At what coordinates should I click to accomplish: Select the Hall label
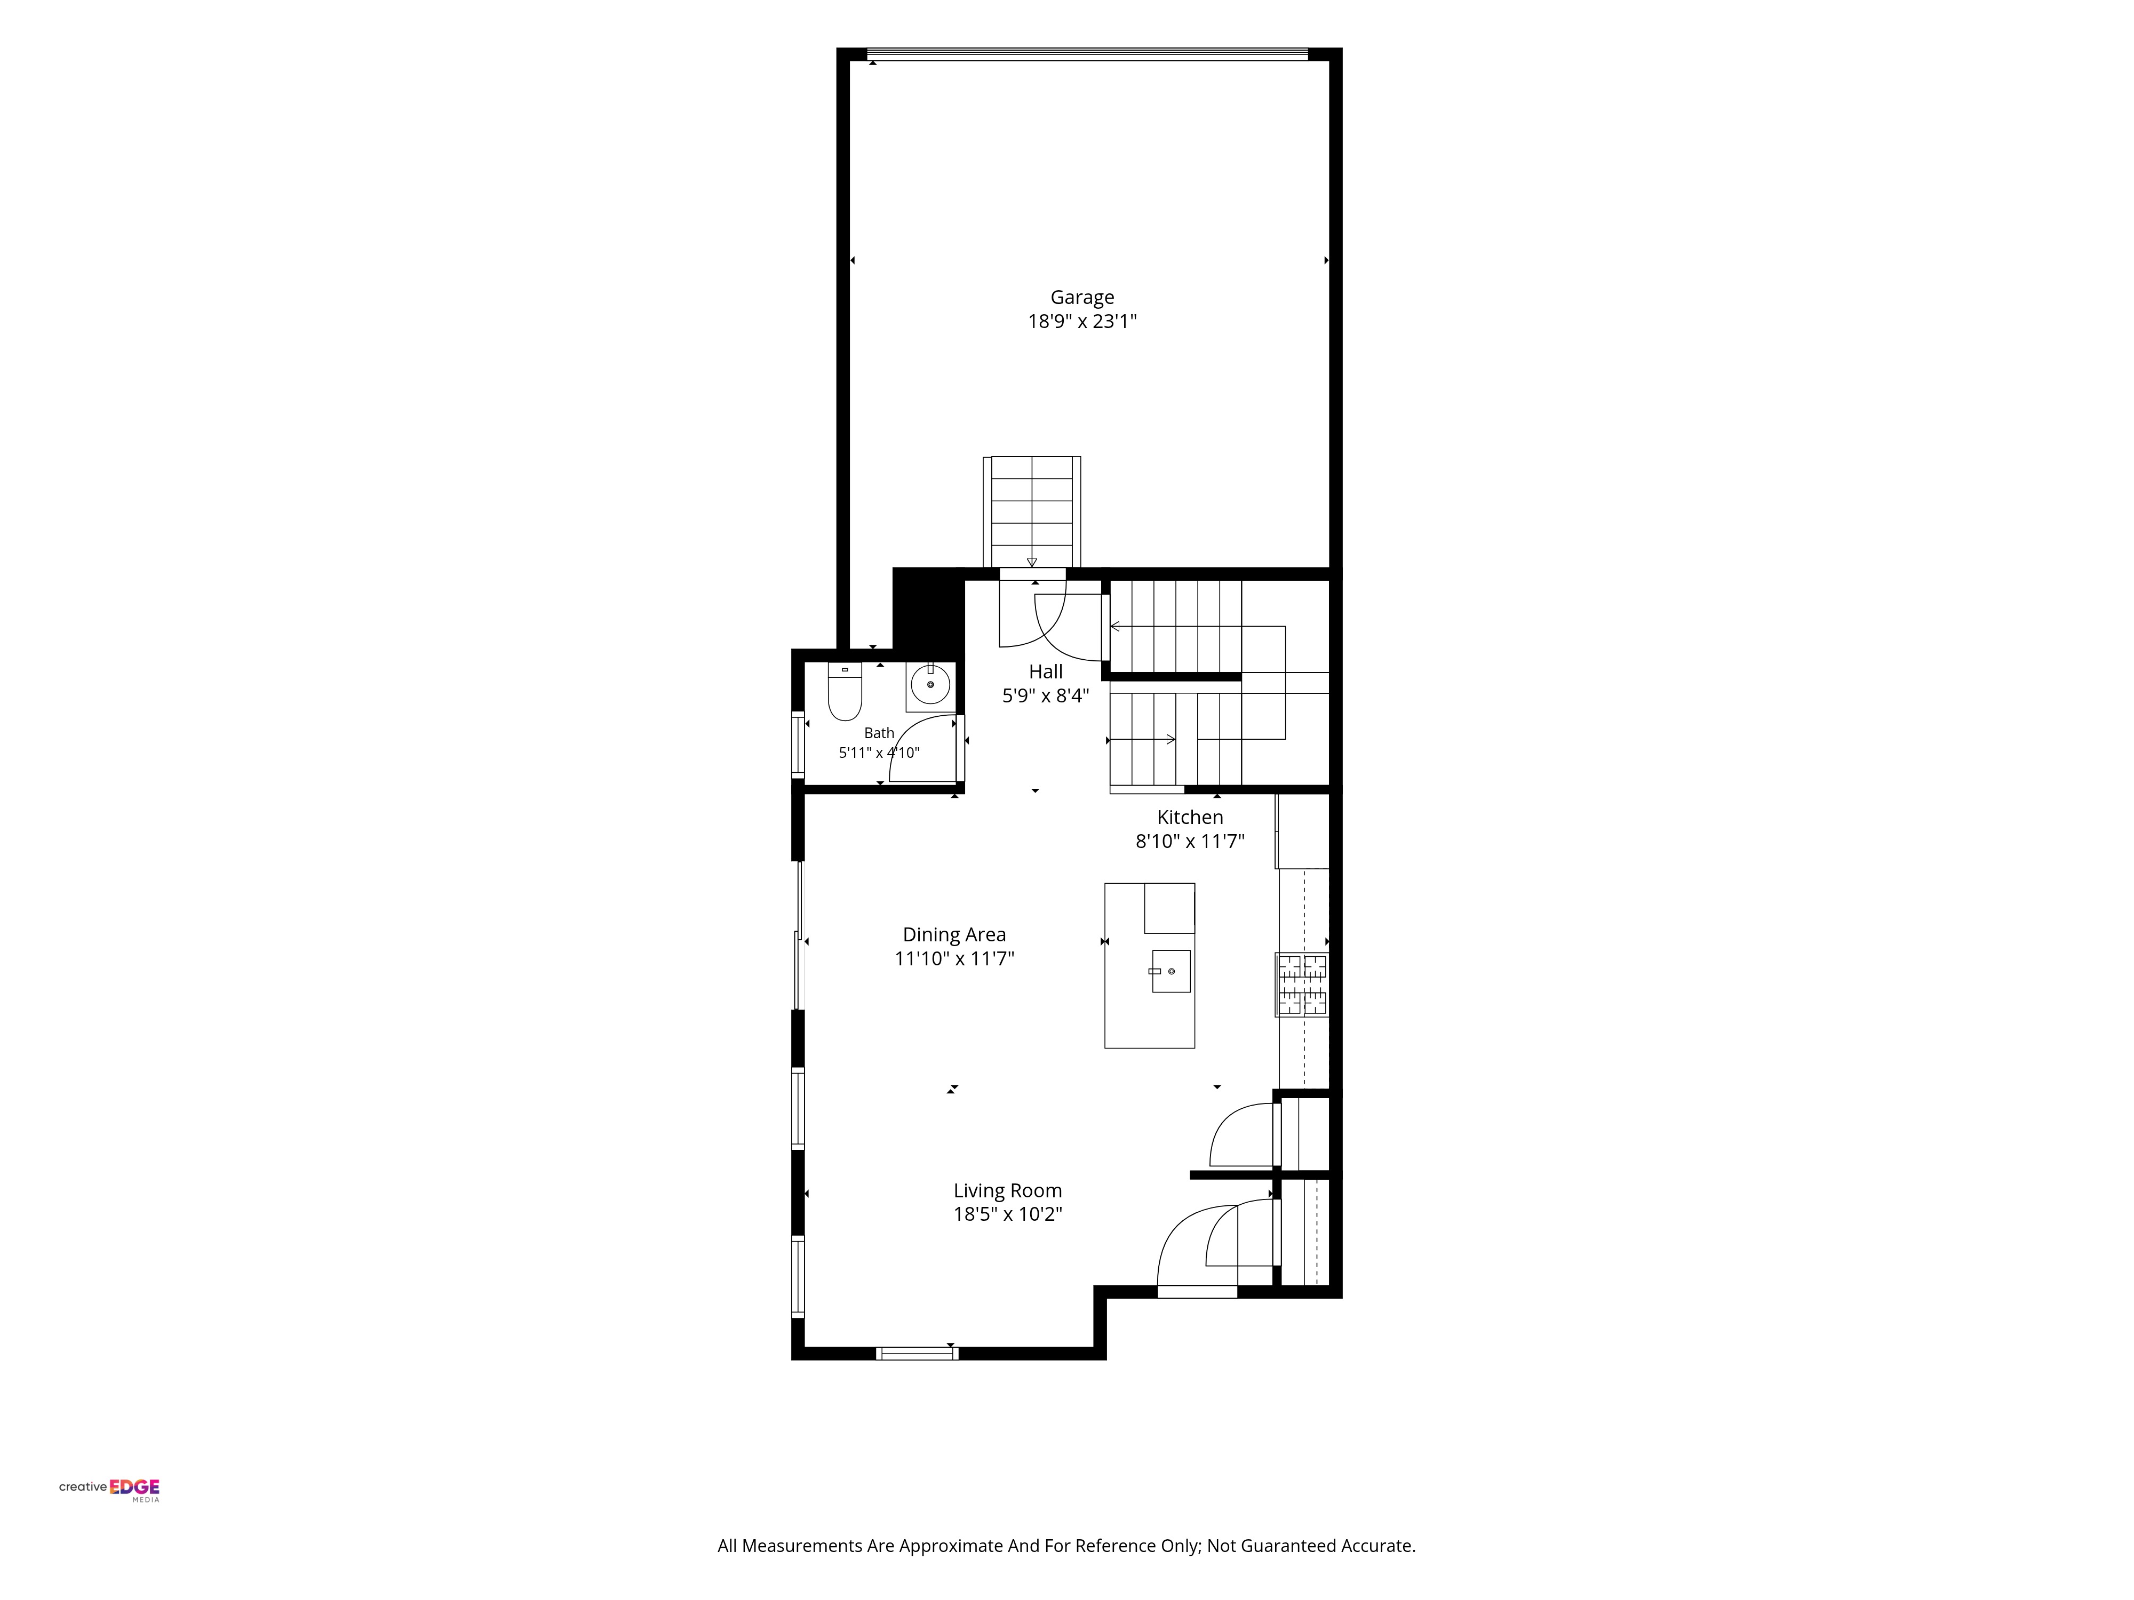1046,672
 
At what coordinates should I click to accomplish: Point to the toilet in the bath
844,692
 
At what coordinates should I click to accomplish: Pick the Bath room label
879,733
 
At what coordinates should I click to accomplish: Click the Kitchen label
1190,818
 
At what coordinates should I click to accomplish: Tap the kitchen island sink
1170,971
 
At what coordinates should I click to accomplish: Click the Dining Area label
954,934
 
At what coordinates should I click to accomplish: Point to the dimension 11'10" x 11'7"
954,958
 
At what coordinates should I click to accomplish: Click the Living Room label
1007,1191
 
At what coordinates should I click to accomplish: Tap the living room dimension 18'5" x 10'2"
1007,1214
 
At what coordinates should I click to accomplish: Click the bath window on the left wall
798,743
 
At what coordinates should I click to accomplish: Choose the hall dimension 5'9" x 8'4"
1046,695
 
